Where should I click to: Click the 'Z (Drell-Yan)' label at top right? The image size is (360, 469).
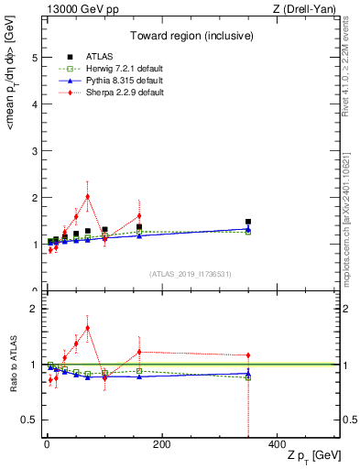307,9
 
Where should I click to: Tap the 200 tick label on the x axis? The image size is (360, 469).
161,443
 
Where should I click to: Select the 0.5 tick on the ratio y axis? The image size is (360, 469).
27,420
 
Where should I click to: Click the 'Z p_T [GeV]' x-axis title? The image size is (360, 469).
312,455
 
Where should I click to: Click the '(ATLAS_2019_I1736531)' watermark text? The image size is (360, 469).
191,274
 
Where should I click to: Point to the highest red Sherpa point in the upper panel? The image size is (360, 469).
87,196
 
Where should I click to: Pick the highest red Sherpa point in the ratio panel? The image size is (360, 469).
87,327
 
